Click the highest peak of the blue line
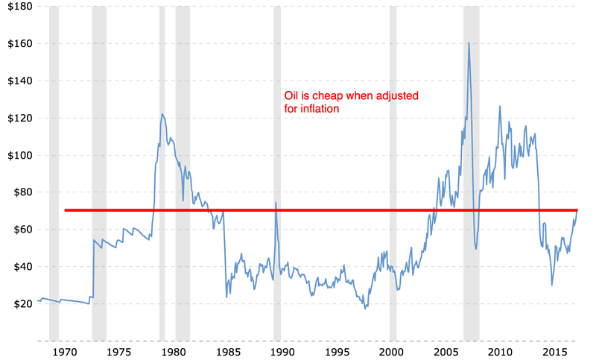pyautogui.click(x=469, y=43)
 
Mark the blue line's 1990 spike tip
pyautogui.click(x=276, y=203)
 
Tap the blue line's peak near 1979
pyautogui.click(x=162, y=114)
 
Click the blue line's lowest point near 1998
pyautogui.click(x=365, y=308)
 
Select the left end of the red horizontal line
pyautogui.click(x=66, y=210)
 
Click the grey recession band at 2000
pyautogui.click(x=393, y=171)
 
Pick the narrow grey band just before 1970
pyautogui.click(x=54, y=171)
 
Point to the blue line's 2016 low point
pyautogui.click(x=552, y=285)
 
